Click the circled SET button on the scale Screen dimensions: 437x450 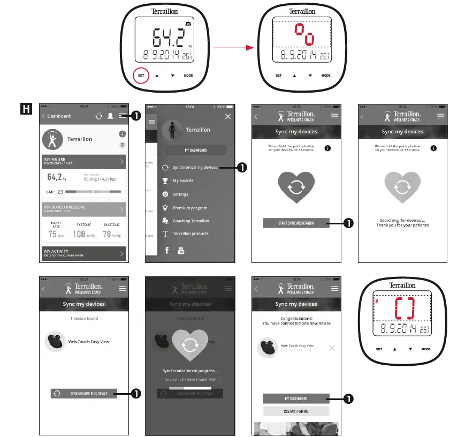click(141, 76)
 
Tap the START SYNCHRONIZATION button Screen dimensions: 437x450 click(296, 223)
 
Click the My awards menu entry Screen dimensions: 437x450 click(183, 181)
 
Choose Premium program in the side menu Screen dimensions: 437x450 click(189, 208)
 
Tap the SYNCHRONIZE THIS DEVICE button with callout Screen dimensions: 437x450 click(83, 394)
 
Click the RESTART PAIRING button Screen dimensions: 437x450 click(296, 411)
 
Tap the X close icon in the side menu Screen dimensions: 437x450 click(228, 116)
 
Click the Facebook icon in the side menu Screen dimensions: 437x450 click(167, 250)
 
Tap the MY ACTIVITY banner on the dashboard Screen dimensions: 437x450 click(83, 253)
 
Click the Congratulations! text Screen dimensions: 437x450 click(296, 318)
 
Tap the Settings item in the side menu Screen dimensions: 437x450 click(180, 194)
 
